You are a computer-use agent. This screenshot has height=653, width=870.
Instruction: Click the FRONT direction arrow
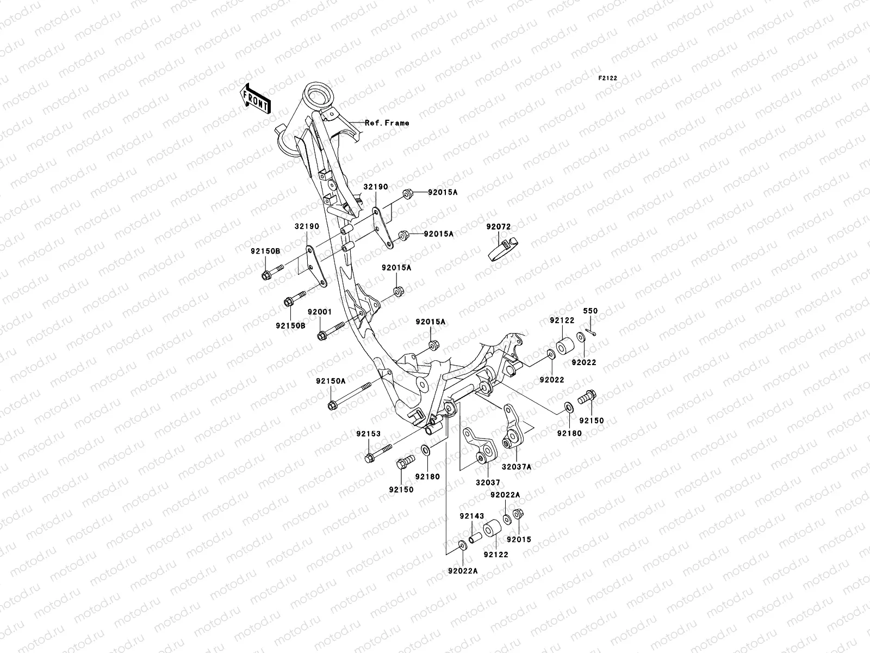tap(263, 98)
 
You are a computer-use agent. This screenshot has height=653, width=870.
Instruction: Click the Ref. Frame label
tap(387, 123)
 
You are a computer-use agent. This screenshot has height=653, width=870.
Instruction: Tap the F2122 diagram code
tap(608, 78)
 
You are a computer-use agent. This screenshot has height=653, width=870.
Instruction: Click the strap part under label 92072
tap(501, 248)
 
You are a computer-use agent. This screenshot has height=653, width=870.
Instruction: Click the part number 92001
tap(319, 313)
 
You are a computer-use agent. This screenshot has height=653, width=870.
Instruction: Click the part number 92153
tap(369, 434)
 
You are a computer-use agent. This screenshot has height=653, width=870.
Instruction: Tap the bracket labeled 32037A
tap(512, 435)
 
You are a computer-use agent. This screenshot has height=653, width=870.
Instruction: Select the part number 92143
tap(471, 516)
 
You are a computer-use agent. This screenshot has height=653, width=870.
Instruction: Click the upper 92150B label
tap(265, 251)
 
